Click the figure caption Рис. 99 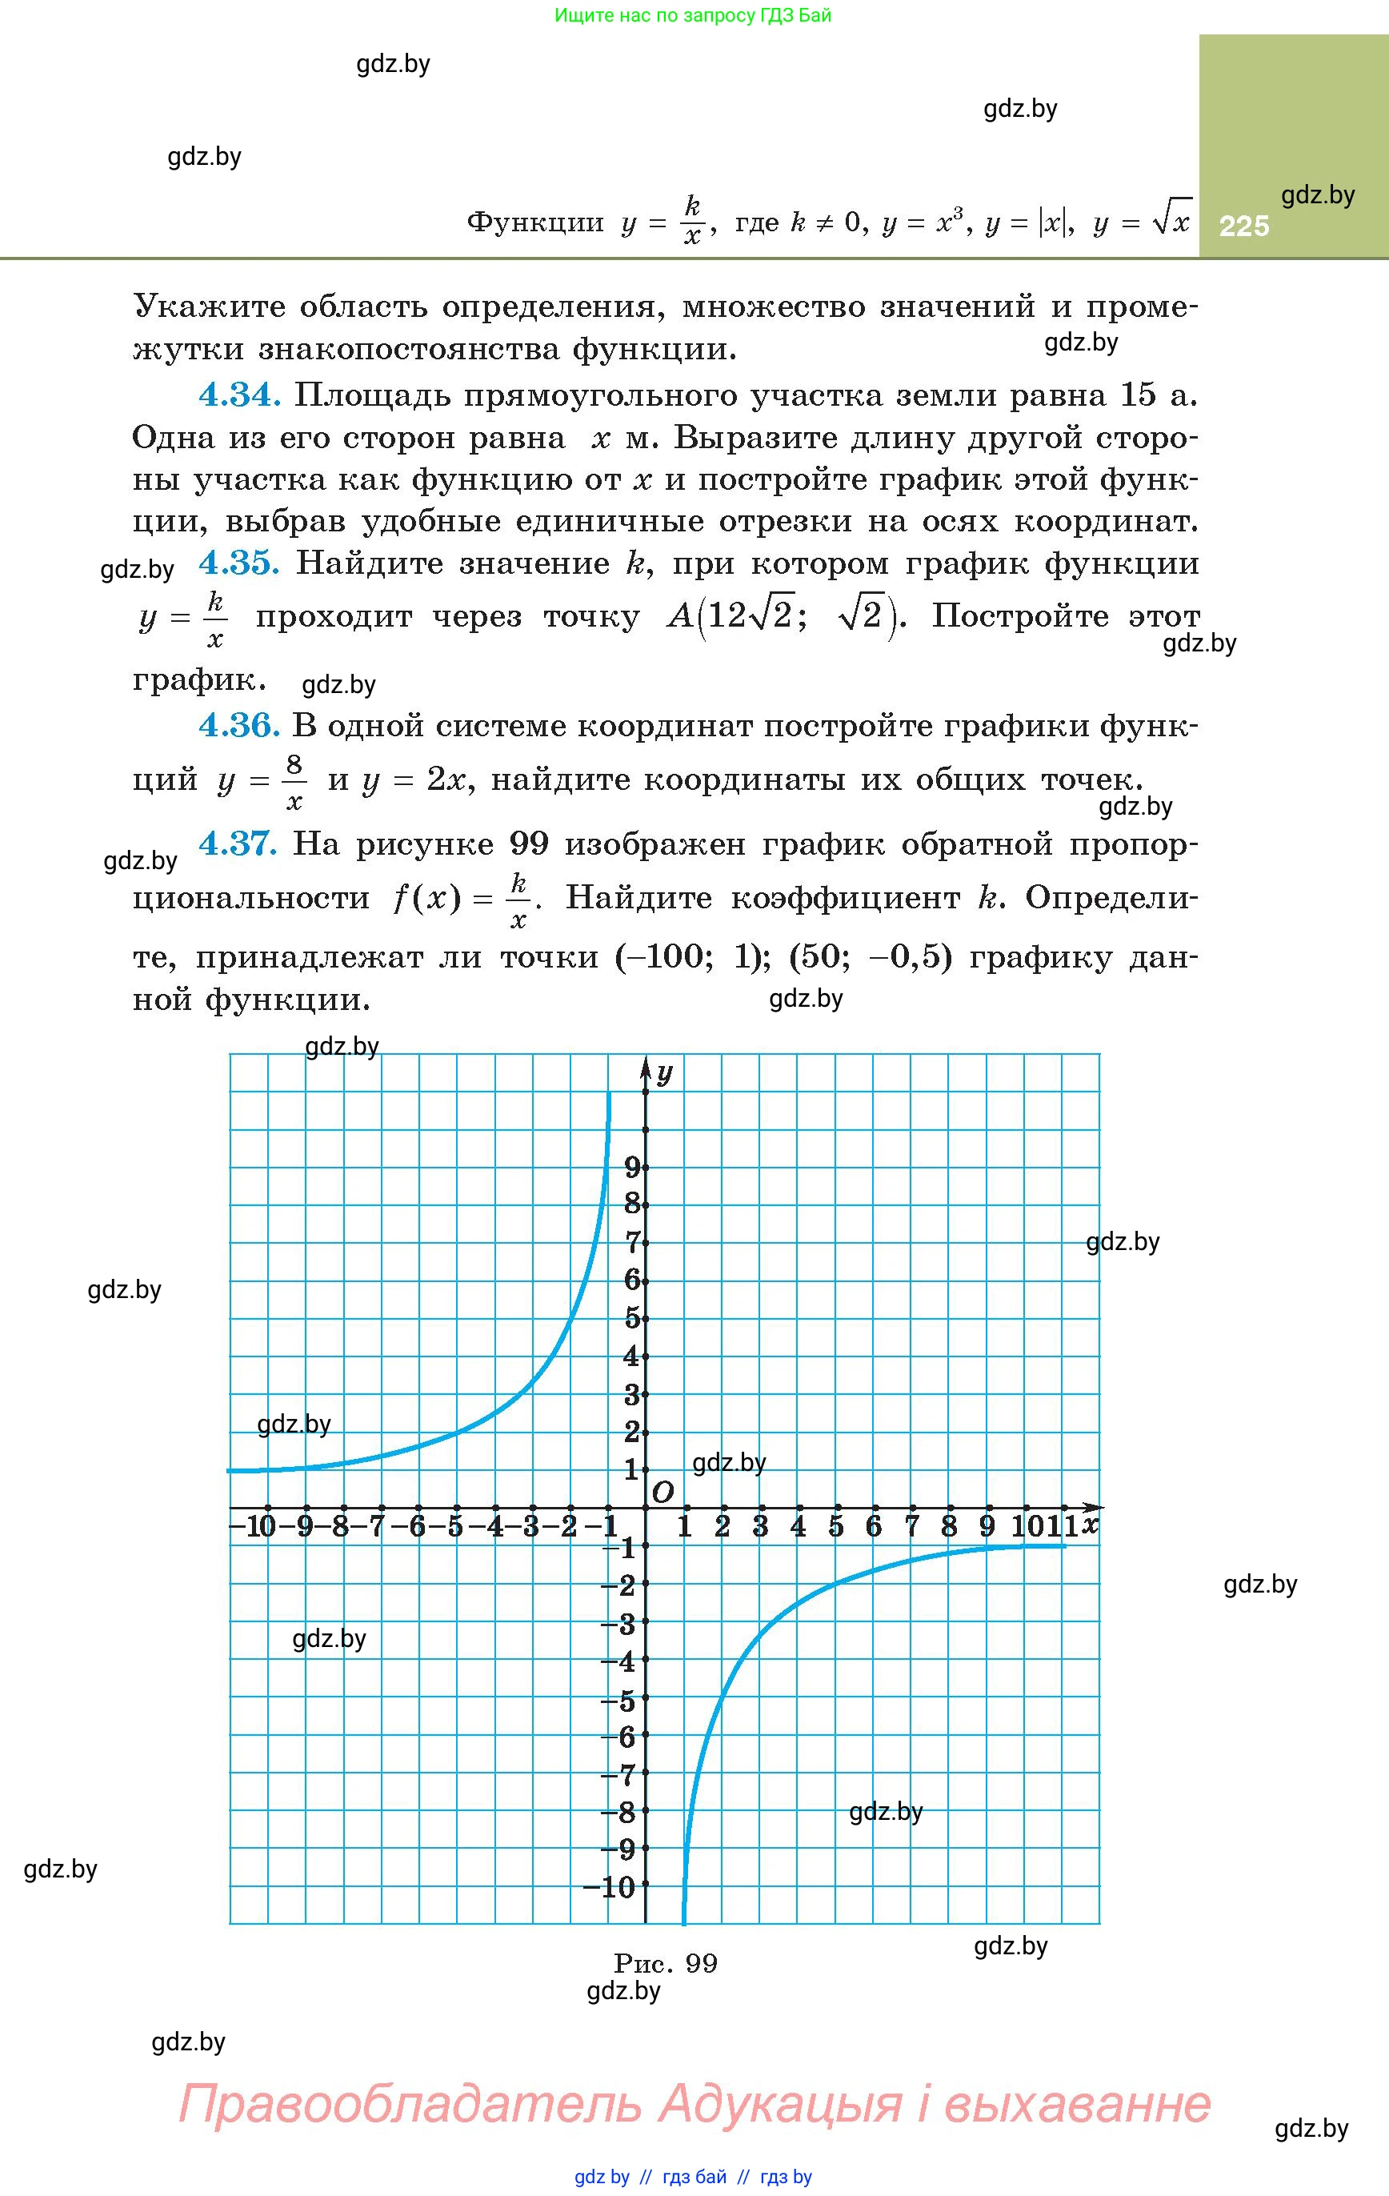click(666, 1963)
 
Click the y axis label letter click(665, 1073)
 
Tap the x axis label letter click(1089, 1525)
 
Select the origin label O click(663, 1493)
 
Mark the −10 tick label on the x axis click(253, 1527)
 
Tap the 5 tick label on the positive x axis click(835, 1527)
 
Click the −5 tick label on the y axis click(618, 1699)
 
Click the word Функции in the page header click(535, 222)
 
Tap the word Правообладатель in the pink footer click(410, 2104)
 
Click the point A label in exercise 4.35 click(680, 617)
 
